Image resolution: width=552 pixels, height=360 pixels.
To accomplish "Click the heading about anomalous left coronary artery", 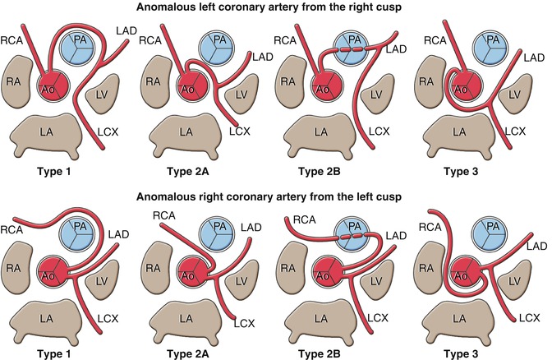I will [x=276, y=8].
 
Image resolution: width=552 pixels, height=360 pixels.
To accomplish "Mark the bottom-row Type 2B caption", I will [x=342, y=350].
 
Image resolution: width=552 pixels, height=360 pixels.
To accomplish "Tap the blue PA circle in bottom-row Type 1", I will [x=80, y=233].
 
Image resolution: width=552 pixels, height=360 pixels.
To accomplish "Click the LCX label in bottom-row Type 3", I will [x=528, y=316].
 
